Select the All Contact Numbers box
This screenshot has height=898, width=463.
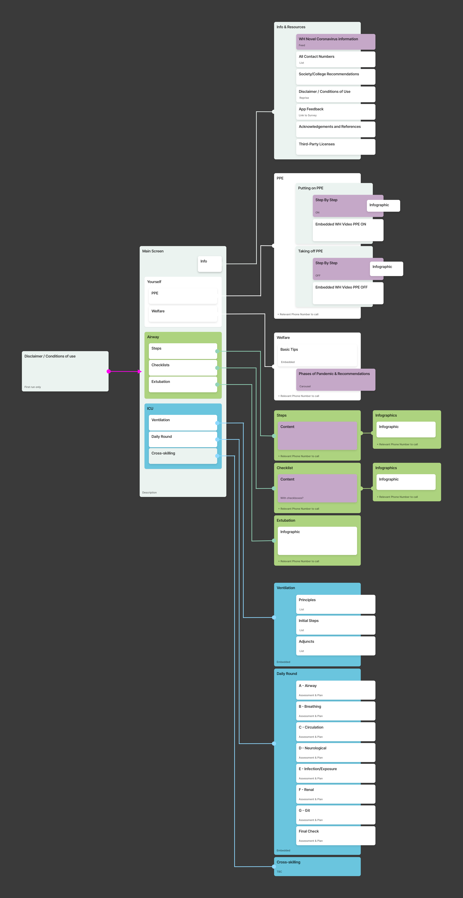click(335, 59)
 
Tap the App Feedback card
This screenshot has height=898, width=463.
click(335, 112)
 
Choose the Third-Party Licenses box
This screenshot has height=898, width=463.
click(335, 147)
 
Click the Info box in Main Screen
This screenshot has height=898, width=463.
click(209, 264)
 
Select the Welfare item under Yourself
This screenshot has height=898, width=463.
click(183, 314)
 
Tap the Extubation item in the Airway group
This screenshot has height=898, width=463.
click(183, 384)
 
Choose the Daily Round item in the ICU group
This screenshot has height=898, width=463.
click(183, 439)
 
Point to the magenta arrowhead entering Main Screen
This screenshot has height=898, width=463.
click(140, 372)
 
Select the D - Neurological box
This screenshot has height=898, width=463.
click(335, 752)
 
